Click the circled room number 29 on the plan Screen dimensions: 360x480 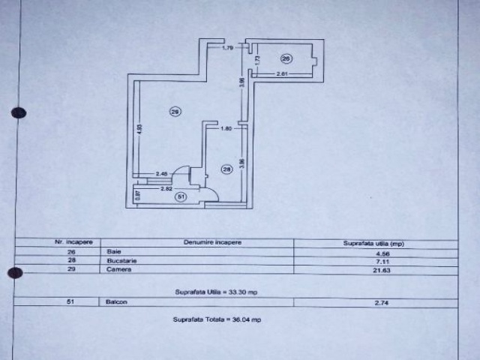click(175, 112)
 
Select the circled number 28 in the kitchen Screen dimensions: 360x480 click(227, 169)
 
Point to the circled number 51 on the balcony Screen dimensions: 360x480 click(180, 197)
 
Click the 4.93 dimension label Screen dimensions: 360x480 click(139, 129)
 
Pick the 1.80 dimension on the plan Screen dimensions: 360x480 click(224, 129)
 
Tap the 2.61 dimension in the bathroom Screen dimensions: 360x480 click(283, 73)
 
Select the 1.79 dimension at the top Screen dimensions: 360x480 click(228, 49)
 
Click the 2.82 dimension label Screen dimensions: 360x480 click(167, 188)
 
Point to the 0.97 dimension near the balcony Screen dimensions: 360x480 click(137, 196)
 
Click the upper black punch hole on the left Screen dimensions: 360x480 click(19, 113)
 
